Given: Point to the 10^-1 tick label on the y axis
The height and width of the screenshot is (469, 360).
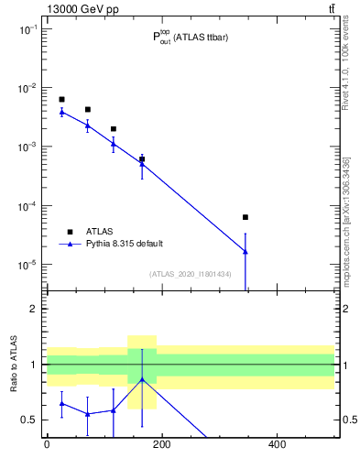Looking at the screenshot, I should coord(27,29).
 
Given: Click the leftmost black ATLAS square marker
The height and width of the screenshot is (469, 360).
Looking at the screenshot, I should coord(61,99).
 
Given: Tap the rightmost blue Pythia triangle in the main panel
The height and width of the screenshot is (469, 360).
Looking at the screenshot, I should coord(245,251).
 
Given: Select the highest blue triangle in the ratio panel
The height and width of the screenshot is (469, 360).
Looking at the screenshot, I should coord(142,378).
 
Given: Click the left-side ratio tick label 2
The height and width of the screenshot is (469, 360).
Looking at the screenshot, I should coord(34,309).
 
